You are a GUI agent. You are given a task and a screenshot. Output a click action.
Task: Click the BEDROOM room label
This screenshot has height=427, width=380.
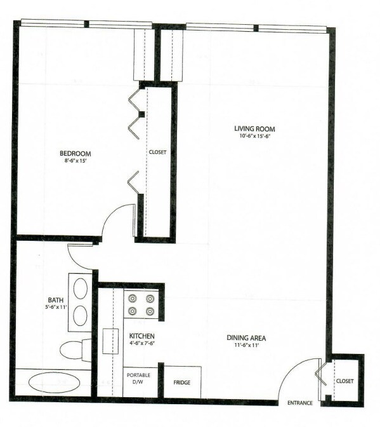[75, 153]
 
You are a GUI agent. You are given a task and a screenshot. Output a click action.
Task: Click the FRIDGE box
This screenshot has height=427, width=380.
[183, 383]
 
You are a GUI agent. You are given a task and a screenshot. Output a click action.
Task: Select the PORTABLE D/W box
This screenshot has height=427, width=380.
[138, 379]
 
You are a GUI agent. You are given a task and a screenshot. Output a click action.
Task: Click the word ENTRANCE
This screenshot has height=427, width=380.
[301, 403]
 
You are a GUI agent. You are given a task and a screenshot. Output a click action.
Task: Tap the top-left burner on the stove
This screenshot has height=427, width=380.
[133, 298]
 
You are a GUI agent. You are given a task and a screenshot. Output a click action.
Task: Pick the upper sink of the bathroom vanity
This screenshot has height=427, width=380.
[81, 289]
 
